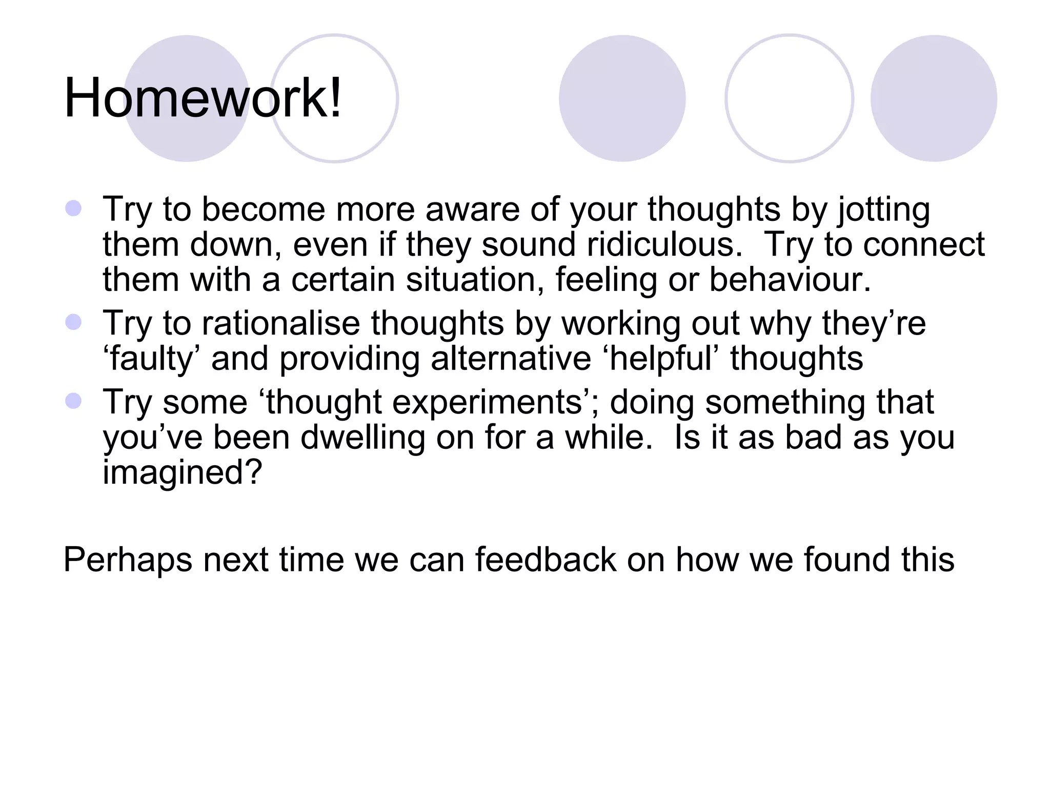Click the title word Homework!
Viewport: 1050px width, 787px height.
pos(203,98)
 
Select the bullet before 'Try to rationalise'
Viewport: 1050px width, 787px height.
pos(74,322)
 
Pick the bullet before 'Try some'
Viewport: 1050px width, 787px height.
pos(74,401)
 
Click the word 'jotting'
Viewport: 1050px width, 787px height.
pos(884,210)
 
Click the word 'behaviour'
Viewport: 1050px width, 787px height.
pos(790,280)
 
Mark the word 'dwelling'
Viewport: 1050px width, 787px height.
pos(362,438)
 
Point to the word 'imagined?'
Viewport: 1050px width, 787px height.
pos(183,472)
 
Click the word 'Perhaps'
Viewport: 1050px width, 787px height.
pos(128,560)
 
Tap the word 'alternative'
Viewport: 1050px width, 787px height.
pos(511,358)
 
